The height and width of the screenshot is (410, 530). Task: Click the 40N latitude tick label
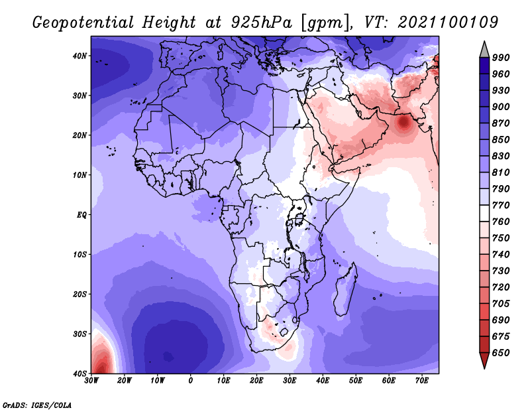point(79,56)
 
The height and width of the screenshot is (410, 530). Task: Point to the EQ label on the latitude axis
point(81,215)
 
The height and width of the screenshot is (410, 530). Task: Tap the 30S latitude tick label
point(79,334)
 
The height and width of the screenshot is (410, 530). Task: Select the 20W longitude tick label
point(125,381)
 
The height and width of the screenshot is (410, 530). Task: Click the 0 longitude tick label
point(191,381)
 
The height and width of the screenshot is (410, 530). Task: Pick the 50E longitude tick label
point(356,381)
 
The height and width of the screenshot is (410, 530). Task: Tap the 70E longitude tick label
point(422,381)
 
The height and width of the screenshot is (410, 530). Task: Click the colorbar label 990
point(501,58)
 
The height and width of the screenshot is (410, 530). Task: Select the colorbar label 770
point(501,205)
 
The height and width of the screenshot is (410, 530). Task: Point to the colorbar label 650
point(501,353)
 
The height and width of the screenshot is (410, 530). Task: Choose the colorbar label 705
point(501,304)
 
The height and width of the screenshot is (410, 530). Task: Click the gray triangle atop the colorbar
point(484,50)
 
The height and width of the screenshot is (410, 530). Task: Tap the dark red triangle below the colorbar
point(484,360)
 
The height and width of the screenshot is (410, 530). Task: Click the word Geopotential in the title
point(83,23)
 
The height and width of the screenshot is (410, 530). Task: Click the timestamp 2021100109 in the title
point(448,22)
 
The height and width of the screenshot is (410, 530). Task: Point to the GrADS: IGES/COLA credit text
point(37,405)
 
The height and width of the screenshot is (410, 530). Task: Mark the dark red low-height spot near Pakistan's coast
point(404,122)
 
